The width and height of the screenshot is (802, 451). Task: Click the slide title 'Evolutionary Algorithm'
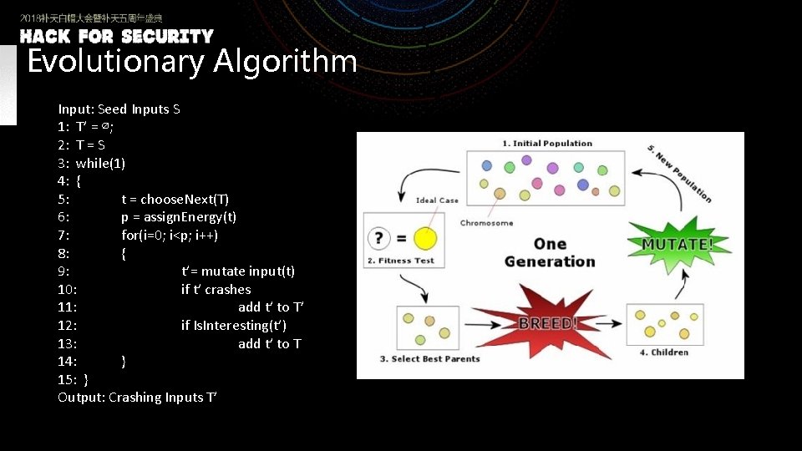click(x=192, y=62)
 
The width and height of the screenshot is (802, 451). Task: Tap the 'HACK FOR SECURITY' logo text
click(x=117, y=37)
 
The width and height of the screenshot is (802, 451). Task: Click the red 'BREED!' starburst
click(x=548, y=322)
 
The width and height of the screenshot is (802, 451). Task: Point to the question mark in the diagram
click(x=380, y=239)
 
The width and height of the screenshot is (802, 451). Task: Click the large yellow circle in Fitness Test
click(x=425, y=239)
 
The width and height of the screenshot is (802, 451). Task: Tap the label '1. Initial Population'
click(x=547, y=144)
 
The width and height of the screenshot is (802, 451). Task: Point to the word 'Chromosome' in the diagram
click(x=486, y=223)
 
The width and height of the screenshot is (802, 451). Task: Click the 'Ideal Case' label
click(x=437, y=200)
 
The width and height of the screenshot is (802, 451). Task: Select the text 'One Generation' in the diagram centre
click(x=550, y=252)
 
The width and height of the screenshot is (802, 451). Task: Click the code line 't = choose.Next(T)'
click(x=175, y=199)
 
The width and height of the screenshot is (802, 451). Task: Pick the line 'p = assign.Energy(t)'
click(x=179, y=217)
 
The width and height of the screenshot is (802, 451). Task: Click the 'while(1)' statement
click(x=100, y=163)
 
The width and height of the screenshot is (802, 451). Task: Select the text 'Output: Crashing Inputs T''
click(x=137, y=398)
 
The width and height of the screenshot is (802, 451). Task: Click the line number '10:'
click(x=68, y=289)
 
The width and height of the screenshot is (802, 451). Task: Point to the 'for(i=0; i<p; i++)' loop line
click(x=170, y=236)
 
